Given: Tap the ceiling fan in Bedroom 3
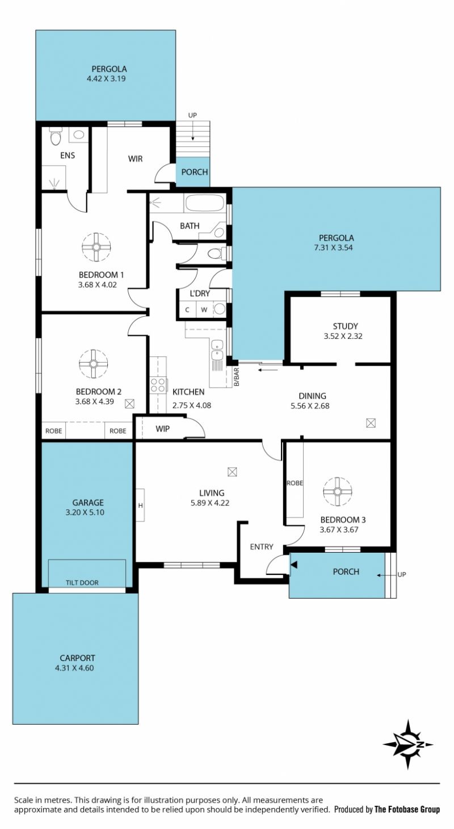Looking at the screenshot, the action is click(x=338, y=491).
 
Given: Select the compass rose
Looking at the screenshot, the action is click(x=408, y=744).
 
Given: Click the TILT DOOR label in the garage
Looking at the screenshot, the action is click(x=82, y=583).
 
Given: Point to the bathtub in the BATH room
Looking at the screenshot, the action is click(x=205, y=204).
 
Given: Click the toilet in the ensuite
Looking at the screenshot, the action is click(x=56, y=137).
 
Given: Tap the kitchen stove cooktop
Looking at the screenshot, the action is click(x=158, y=385).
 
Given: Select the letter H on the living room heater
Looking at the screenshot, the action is click(x=141, y=505).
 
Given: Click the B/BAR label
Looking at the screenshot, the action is click(x=237, y=377).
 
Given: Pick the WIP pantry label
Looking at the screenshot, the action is click(x=162, y=428).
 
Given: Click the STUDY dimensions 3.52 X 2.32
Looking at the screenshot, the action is click(x=343, y=336).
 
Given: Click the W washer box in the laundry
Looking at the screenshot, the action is click(x=204, y=310).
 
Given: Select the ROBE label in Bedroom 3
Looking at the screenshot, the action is click(x=295, y=483).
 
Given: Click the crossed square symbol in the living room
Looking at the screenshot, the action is click(x=232, y=472).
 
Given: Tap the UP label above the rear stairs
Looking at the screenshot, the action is click(x=192, y=115).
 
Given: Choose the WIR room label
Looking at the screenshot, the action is click(x=136, y=159).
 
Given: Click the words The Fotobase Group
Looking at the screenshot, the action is click(x=407, y=810).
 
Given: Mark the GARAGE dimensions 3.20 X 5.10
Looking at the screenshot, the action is click(x=85, y=512).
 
